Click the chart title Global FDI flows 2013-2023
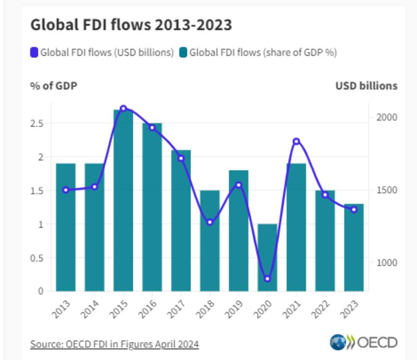131,25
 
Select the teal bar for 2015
124,201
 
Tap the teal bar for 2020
267,258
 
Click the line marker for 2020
267,279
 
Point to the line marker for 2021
296,141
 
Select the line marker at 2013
66,190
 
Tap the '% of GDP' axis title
54,86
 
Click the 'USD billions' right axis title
366,86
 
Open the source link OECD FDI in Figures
114,344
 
